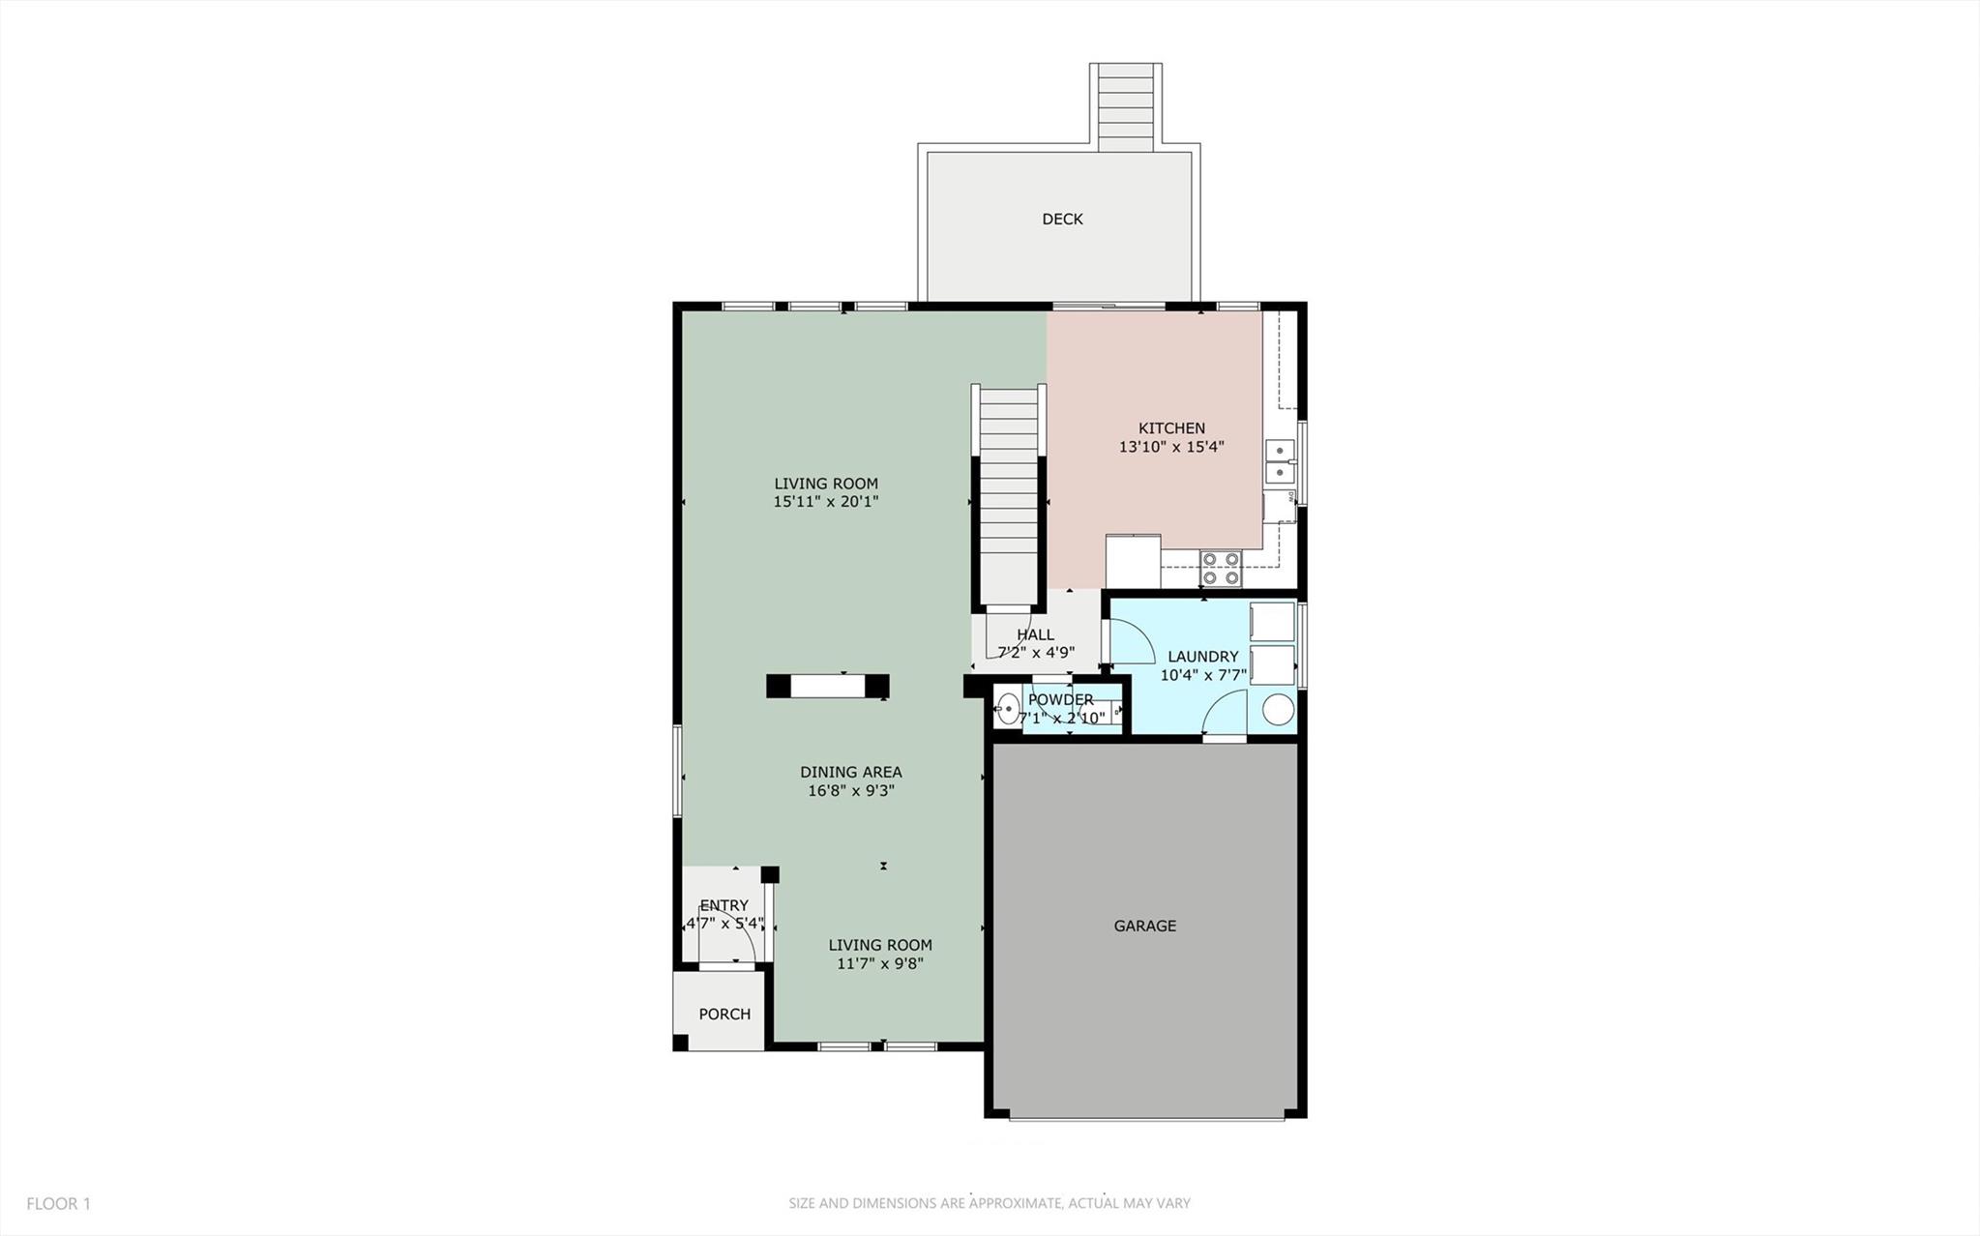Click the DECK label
1062,220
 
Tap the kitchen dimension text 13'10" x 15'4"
1171,447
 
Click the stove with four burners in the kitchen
1221,568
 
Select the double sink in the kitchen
1280,461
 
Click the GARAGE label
1144,926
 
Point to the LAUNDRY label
1202,657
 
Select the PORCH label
724,1014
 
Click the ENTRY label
724,905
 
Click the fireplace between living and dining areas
828,686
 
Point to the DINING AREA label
850,772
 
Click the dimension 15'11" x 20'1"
826,502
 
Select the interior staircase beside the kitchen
1009,493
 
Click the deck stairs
1126,106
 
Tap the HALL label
1035,634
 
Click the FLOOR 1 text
58,1203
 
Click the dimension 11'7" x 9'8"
880,963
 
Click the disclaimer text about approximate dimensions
989,1203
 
